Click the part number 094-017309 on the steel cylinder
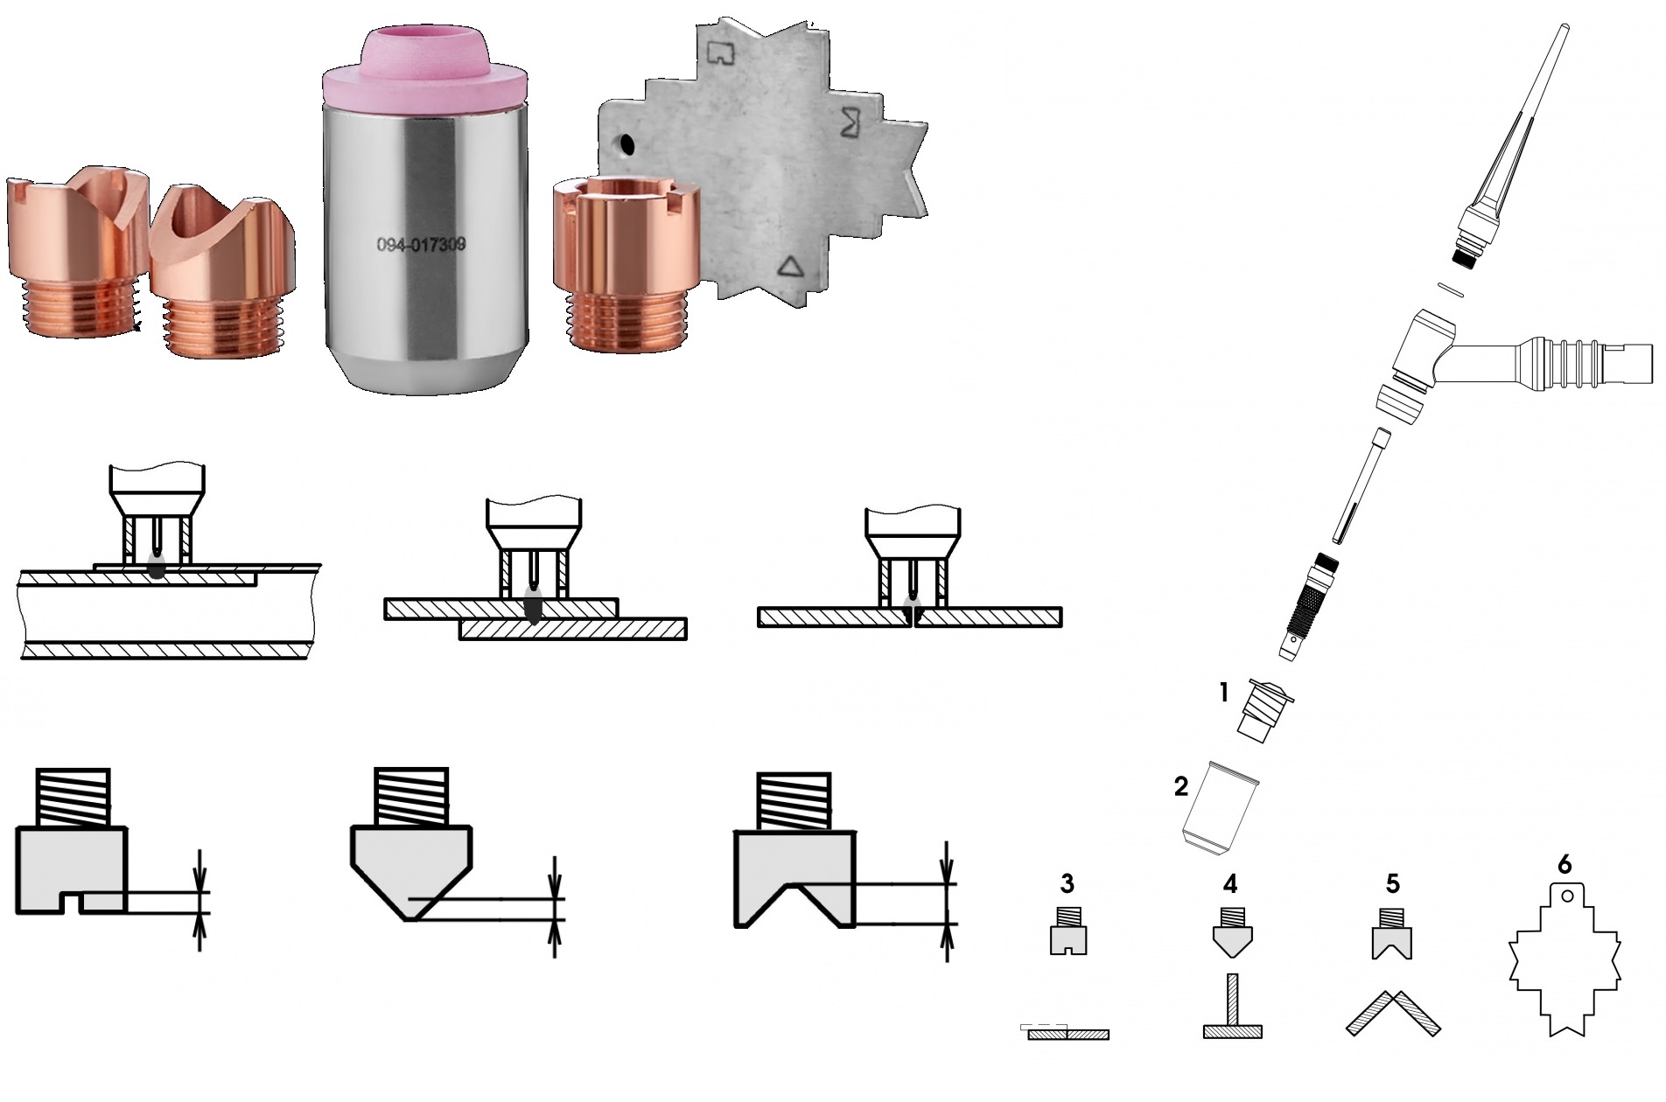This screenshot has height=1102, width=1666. click(x=421, y=246)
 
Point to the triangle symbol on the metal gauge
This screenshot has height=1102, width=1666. click(x=791, y=266)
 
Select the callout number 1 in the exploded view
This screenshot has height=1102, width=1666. click(x=1225, y=694)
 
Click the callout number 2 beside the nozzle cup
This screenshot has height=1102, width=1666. click(x=1181, y=786)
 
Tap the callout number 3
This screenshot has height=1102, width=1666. click(x=1067, y=884)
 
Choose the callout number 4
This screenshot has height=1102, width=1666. click(x=1231, y=884)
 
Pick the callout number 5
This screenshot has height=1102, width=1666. click(x=1392, y=884)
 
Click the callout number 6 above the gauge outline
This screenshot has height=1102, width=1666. click(x=1565, y=865)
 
